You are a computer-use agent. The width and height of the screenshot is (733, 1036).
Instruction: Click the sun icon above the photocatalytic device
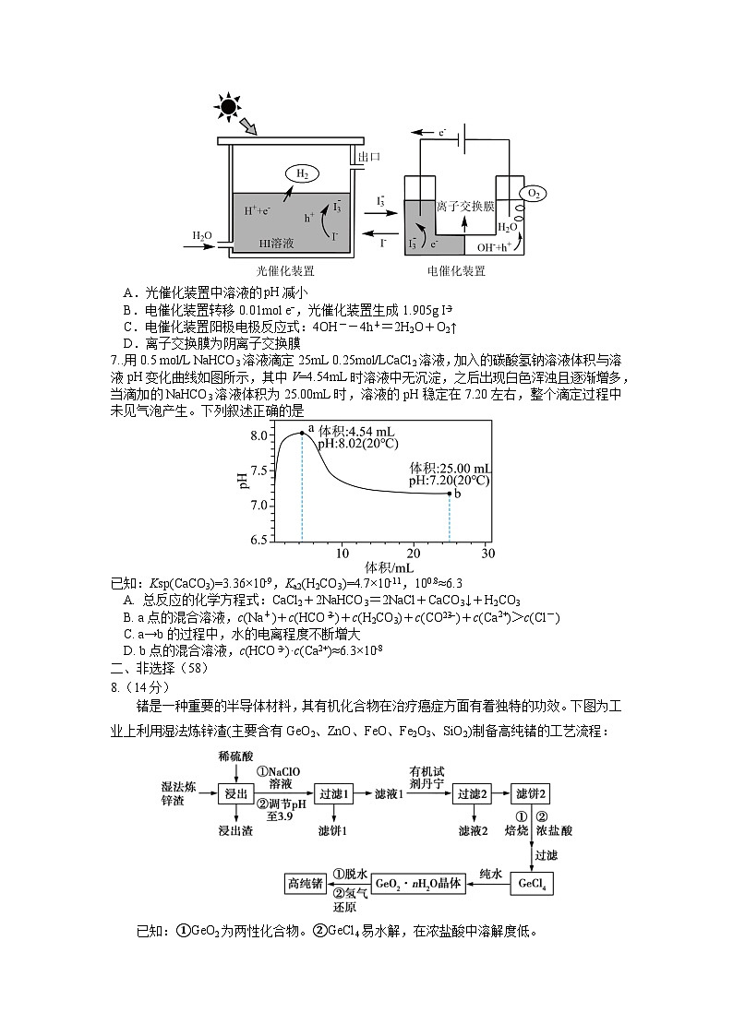(x=227, y=106)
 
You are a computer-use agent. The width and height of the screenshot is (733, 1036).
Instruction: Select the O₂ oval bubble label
(x=533, y=193)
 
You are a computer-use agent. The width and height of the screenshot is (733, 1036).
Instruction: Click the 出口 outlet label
(x=369, y=158)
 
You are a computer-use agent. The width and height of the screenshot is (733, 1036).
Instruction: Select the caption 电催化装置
(x=456, y=271)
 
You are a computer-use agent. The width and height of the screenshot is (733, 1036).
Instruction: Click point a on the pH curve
(x=302, y=433)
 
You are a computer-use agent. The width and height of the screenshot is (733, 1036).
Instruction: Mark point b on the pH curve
(x=450, y=493)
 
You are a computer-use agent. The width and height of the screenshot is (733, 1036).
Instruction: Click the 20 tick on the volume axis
(x=415, y=553)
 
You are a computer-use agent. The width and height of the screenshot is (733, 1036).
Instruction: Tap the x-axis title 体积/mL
(x=387, y=566)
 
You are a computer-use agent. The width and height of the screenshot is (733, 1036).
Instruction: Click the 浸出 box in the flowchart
(x=234, y=793)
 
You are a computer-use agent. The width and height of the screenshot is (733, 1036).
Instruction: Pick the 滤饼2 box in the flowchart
(x=533, y=793)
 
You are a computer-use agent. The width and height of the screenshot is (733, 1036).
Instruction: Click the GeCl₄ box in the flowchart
(x=534, y=884)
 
